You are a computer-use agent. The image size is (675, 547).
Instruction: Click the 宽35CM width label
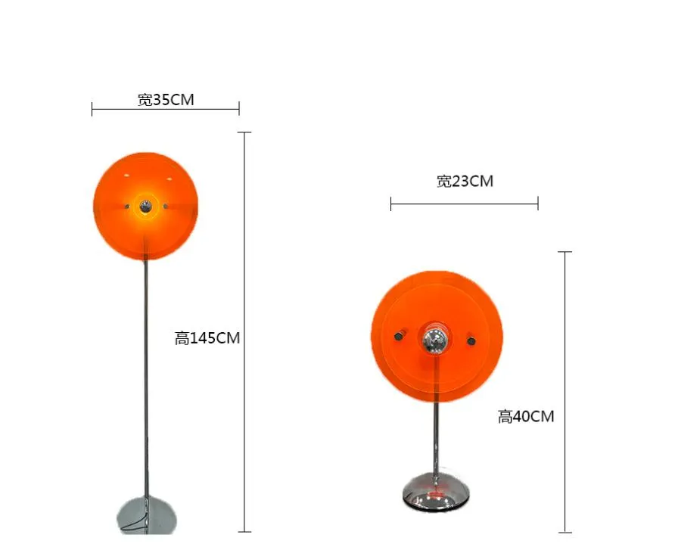click(x=166, y=99)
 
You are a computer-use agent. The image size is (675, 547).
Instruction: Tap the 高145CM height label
click(x=207, y=338)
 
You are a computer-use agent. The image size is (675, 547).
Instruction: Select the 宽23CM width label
click(x=465, y=181)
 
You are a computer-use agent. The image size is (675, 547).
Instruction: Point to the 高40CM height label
click(x=526, y=416)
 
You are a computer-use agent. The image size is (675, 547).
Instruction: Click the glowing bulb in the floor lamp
click(x=145, y=205)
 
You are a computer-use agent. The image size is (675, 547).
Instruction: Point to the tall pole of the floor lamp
click(x=145, y=378)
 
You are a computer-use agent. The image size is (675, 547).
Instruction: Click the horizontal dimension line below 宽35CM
click(x=166, y=110)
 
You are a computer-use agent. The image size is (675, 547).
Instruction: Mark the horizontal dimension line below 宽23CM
click(x=465, y=203)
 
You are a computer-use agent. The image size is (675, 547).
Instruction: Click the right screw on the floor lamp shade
click(x=166, y=205)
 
